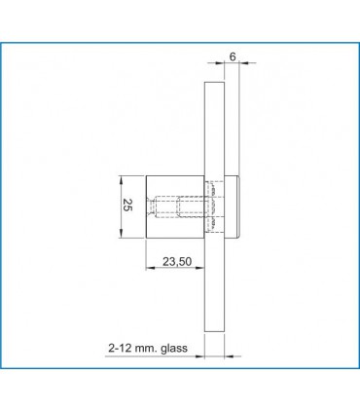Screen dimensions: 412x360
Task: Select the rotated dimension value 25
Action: [x=126, y=205]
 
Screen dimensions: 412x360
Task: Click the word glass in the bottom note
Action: [x=182, y=347]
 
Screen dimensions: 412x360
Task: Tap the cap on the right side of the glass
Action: [x=234, y=206]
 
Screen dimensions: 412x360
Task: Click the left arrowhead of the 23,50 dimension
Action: [x=149, y=270]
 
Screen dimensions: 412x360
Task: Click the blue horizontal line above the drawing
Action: [x=180, y=42]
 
